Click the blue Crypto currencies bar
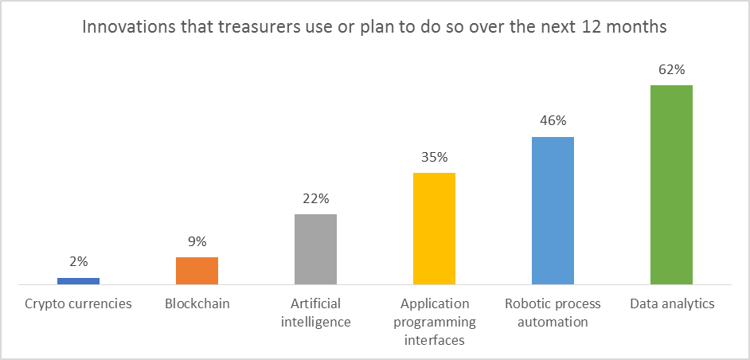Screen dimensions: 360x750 click(78, 280)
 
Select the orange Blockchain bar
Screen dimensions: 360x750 click(197, 271)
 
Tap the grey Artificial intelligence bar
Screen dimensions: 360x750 click(315, 249)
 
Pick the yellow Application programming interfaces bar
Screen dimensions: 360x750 click(434, 229)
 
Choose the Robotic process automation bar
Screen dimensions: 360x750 click(553, 210)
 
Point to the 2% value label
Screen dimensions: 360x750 click(78, 261)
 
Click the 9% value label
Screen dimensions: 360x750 click(197, 241)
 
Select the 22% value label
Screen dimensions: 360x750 click(315, 198)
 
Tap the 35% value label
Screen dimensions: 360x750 click(434, 157)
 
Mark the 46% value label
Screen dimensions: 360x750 click(553, 121)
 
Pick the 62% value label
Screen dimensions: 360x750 click(671, 69)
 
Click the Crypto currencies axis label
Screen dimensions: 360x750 click(78, 303)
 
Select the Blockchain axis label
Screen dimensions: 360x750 click(197, 303)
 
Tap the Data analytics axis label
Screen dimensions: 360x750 click(672, 303)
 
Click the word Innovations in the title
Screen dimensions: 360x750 click(122, 26)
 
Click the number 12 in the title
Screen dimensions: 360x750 click(611, 26)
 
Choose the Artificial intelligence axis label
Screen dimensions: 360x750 click(315, 312)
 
